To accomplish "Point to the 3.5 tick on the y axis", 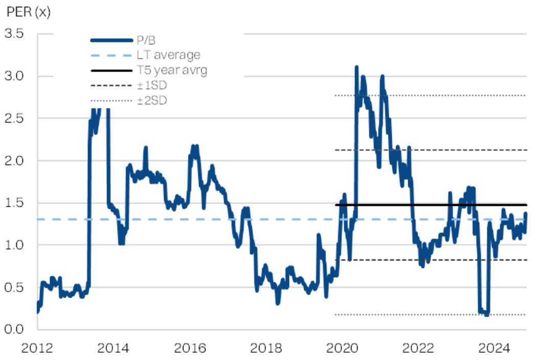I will coord(14,34).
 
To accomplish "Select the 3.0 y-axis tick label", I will coord(14,77).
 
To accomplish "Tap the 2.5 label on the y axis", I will coord(14,118).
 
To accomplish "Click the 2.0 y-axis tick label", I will coord(14,161).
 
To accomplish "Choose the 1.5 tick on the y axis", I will coord(14,203).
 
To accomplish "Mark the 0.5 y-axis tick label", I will coord(14,287).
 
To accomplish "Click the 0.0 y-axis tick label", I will coord(14,329).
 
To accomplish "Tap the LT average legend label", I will coord(169,55).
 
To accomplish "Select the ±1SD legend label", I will coord(152,85).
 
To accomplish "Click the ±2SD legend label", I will coord(152,101).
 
